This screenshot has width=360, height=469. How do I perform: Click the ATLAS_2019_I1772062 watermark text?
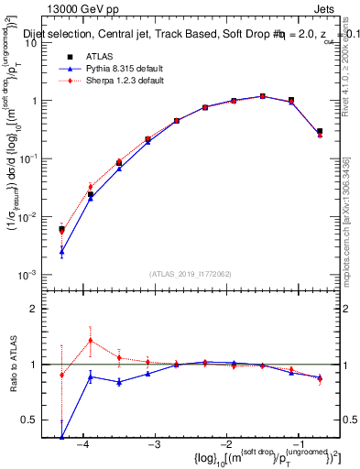190,273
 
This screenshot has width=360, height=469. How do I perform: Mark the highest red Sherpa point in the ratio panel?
90,341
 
